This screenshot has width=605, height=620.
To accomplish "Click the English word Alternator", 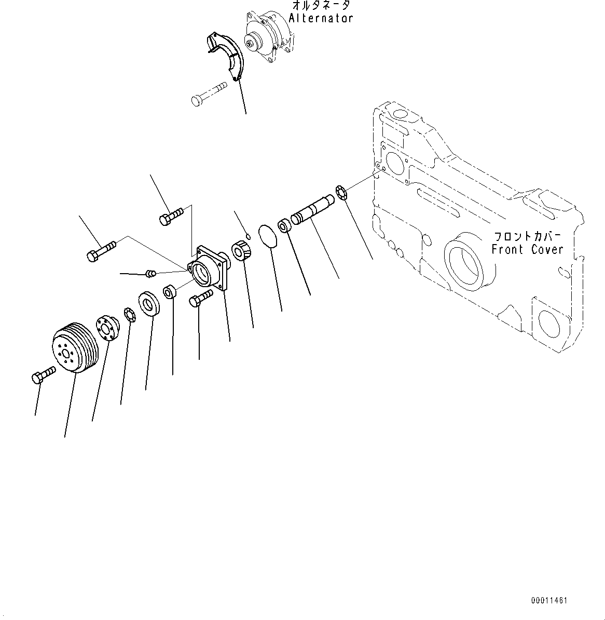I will tap(321, 18).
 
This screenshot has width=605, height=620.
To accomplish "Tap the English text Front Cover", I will tap(527, 249).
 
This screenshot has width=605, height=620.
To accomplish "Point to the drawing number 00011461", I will tap(549, 601).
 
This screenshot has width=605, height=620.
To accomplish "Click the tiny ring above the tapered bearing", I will tap(248, 237).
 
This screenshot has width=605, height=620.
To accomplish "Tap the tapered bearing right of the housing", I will tap(242, 251).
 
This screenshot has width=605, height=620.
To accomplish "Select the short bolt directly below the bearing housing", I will tap(201, 298).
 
